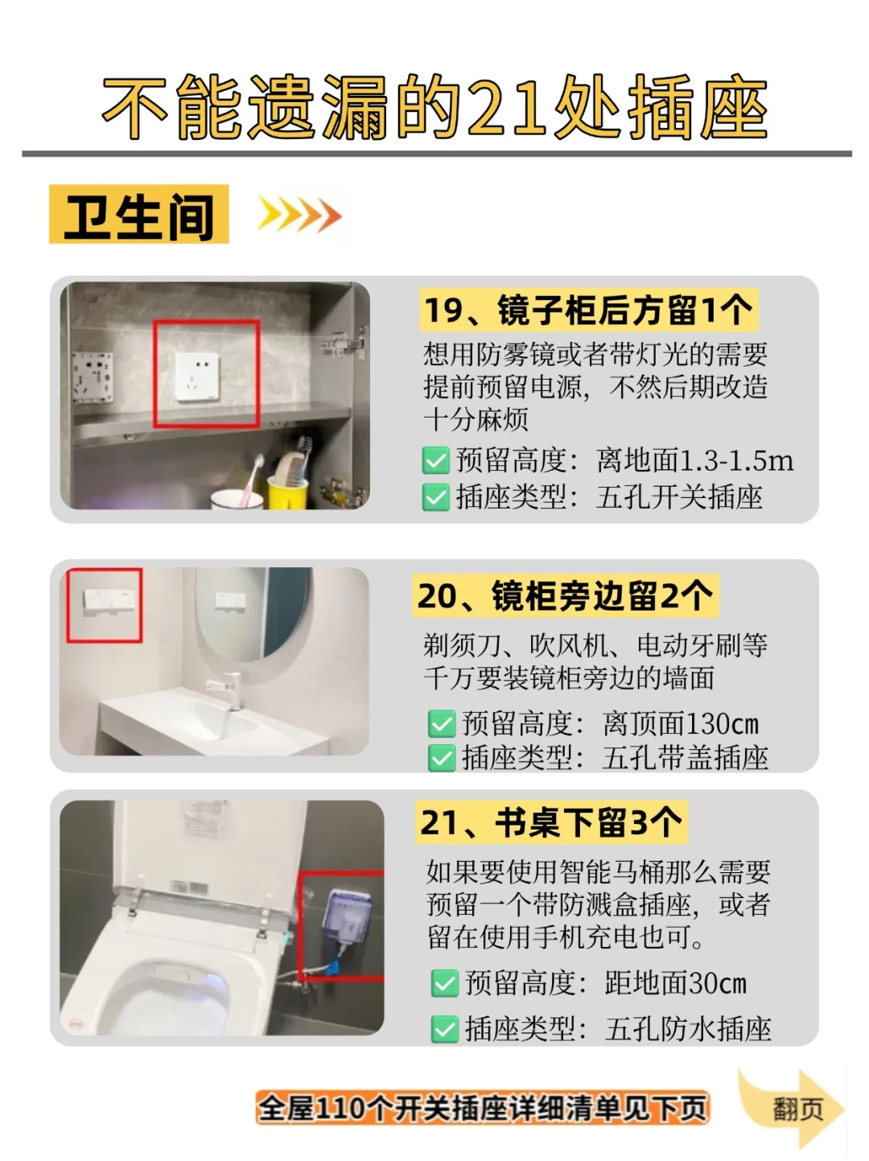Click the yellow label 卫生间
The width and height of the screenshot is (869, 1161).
pos(138,214)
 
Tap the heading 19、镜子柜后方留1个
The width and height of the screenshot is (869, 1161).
pos(589,310)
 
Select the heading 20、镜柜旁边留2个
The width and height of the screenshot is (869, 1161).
pos(566,595)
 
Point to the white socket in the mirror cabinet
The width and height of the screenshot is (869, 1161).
pos(197,377)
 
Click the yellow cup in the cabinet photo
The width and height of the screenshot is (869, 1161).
pos(287,493)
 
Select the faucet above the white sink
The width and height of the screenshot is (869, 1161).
pos(228,690)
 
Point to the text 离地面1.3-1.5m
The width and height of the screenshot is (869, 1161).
pos(695,460)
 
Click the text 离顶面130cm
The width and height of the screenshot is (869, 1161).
pos(681,723)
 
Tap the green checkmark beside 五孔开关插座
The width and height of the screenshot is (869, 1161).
pos(436,497)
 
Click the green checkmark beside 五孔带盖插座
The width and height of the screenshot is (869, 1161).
pos(442,758)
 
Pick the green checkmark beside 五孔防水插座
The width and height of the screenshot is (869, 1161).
pos(445,1029)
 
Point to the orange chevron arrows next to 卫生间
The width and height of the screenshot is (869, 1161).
pos(299,215)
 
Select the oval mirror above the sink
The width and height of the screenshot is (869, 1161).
pos(253,614)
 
